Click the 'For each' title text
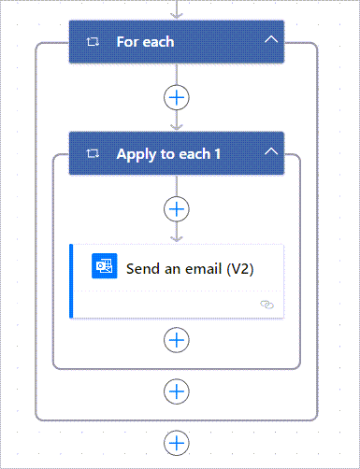pyautogui.click(x=145, y=42)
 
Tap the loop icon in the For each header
pyautogui.click(x=93, y=42)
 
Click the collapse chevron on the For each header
pyautogui.click(x=271, y=41)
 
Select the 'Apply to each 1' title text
pyautogui.click(x=168, y=153)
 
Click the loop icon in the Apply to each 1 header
pyautogui.click(x=93, y=153)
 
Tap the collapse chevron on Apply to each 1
pyautogui.click(x=271, y=152)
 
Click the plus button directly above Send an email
pyautogui.click(x=176, y=207)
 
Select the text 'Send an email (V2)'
pyautogui.click(x=190, y=268)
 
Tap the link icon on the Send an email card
pyautogui.click(x=267, y=305)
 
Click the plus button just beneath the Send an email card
pyautogui.click(x=176, y=340)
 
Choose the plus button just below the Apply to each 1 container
pyautogui.click(x=176, y=391)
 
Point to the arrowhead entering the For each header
pyautogui.click(x=176, y=15)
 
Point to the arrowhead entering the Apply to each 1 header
pyautogui.click(x=176, y=125)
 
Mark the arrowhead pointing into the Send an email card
pyautogui.click(x=176, y=237)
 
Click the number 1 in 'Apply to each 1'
pyautogui.click(x=217, y=153)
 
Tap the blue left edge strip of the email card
pyautogui.click(x=71, y=281)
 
